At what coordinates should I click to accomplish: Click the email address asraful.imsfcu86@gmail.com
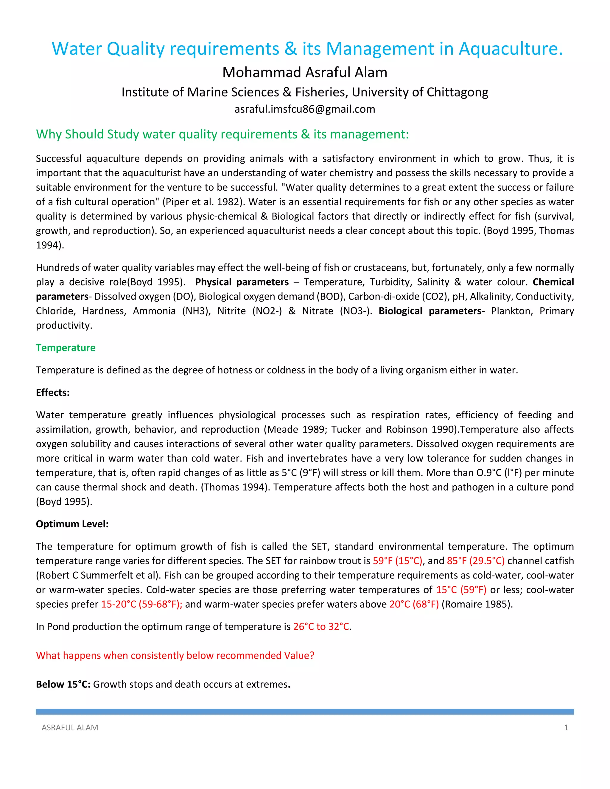[x=305, y=109]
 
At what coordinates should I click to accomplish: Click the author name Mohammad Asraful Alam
[x=305, y=73]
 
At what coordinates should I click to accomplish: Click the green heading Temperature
[x=66, y=347]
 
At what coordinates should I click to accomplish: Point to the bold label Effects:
[x=52, y=392]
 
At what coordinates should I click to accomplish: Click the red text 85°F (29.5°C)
[x=476, y=561]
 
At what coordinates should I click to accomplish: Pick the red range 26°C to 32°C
[x=321, y=626]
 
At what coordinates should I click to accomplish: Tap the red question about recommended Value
[x=175, y=655]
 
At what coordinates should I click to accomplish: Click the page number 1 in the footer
[x=566, y=728]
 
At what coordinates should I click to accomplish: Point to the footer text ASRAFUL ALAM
[x=70, y=728]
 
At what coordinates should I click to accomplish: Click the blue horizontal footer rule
[x=305, y=712]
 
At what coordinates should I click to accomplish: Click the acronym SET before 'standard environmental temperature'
[x=319, y=546]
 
